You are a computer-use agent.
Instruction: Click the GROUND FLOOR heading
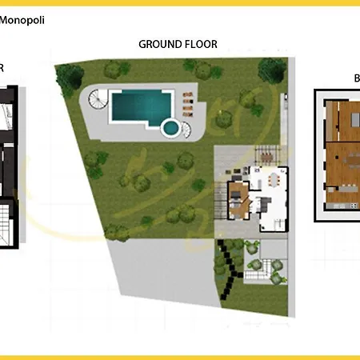tap(178, 45)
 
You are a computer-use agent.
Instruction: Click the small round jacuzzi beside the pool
tap(170, 126)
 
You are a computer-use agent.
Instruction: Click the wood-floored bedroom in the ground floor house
tap(238, 194)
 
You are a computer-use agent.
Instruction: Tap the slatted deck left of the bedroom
tap(221, 195)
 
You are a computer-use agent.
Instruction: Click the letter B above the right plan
tap(357, 78)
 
